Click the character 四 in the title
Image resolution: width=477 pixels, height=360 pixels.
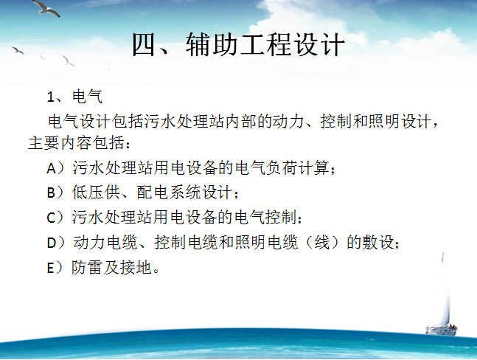(145, 44)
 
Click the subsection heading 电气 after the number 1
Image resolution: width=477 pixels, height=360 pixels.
(88, 97)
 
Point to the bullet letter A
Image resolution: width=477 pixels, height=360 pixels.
(52, 168)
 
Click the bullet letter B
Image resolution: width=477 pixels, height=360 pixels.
(51, 193)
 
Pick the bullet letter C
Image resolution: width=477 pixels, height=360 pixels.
(51, 218)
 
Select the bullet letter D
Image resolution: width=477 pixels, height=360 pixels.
(52, 243)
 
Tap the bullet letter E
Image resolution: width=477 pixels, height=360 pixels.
(50, 269)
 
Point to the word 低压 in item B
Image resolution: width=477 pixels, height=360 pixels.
(88, 193)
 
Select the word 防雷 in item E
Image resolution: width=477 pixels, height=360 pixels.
(87, 268)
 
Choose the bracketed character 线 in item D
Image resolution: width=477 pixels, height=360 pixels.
(322, 243)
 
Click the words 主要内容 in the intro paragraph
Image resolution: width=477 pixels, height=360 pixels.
(60, 142)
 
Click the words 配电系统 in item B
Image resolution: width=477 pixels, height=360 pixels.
(168, 193)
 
